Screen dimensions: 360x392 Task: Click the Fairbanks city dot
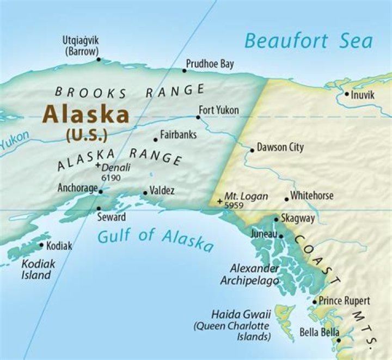(155, 139)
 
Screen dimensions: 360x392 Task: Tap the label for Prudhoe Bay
(210, 64)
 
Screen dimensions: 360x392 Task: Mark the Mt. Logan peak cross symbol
(219, 202)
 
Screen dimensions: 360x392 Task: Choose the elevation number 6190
(111, 178)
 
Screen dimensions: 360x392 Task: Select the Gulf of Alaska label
(156, 240)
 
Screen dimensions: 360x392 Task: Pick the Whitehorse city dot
(287, 199)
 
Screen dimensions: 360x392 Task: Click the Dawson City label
(280, 148)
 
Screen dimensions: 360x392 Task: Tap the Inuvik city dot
(346, 94)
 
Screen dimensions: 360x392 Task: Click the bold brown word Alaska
(86, 114)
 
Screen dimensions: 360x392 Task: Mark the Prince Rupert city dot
(315, 301)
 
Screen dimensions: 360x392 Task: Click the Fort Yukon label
(219, 111)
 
